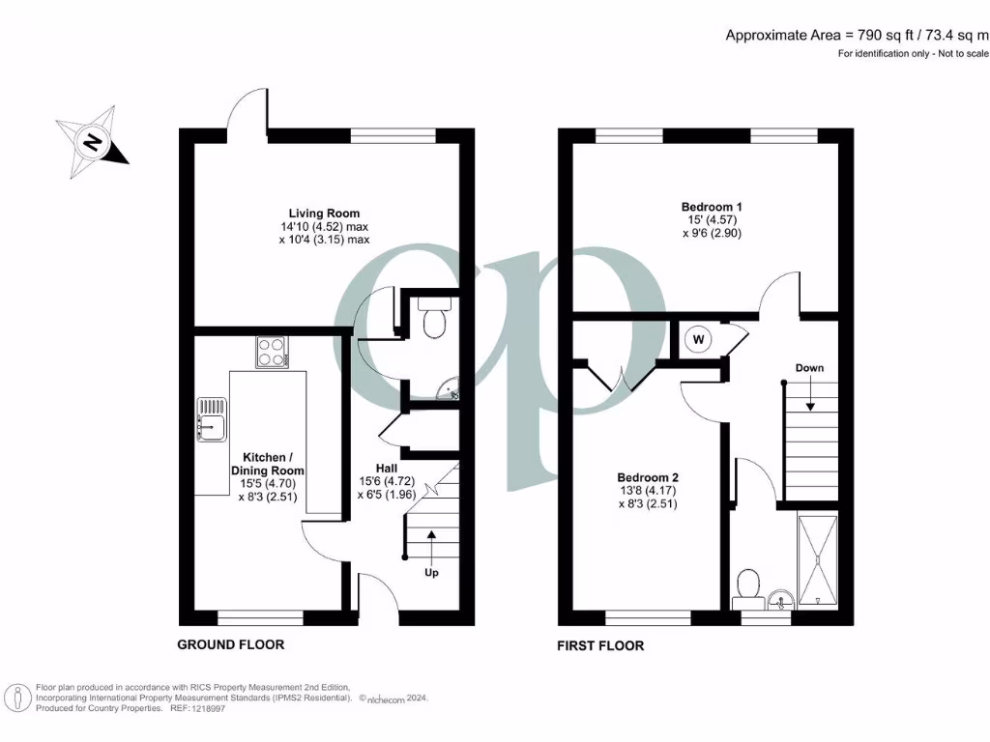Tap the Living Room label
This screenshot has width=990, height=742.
point(324,214)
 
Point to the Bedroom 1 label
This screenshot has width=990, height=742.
point(712,207)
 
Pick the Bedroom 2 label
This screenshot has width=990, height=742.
point(648,477)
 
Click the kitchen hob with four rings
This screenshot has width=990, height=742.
point(272,352)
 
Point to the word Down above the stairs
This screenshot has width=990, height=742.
point(809,368)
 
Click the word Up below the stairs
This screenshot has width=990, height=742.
point(431,573)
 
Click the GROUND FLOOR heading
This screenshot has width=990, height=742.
point(230,644)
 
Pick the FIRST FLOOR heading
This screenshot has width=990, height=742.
point(599,645)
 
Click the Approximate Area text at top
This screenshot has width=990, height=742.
point(857,35)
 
